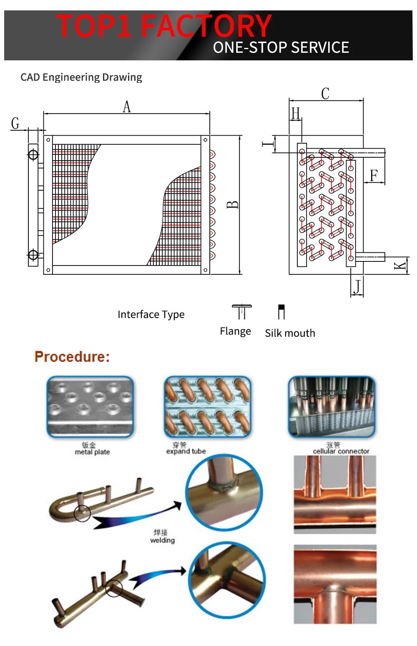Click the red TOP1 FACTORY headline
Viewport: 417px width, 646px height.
coord(164,26)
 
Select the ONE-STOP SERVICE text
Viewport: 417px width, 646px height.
coord(281,48)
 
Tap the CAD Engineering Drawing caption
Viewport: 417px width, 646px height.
coord(81,77)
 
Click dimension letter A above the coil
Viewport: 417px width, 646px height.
coord(127,107)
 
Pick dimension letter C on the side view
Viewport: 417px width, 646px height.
coord(325,94)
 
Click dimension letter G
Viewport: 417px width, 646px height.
coord(15,123)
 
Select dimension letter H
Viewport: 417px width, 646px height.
coord(296,113)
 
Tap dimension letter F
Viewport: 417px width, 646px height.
coord(374,175)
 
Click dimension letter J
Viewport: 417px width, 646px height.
coord(357,287)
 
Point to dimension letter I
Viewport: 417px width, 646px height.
coord(267,144)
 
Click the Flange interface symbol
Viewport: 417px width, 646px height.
coord(241,312)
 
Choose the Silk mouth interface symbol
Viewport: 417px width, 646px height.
coord(281,312)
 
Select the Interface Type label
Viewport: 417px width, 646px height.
coord(151,314)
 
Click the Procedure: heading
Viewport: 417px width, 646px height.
coord(72,357)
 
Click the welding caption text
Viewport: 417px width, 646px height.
coord(162,540)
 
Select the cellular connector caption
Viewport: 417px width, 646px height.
coord(341,451)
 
